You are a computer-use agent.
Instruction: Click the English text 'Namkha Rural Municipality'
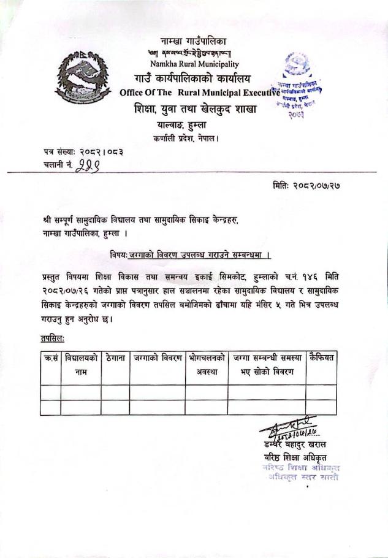(194, 64)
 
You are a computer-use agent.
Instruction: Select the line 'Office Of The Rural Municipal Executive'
(200, 93)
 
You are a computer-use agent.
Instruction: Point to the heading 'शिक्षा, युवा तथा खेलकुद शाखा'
(194, 110)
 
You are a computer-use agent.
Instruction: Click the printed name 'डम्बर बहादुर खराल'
(294, 444)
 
